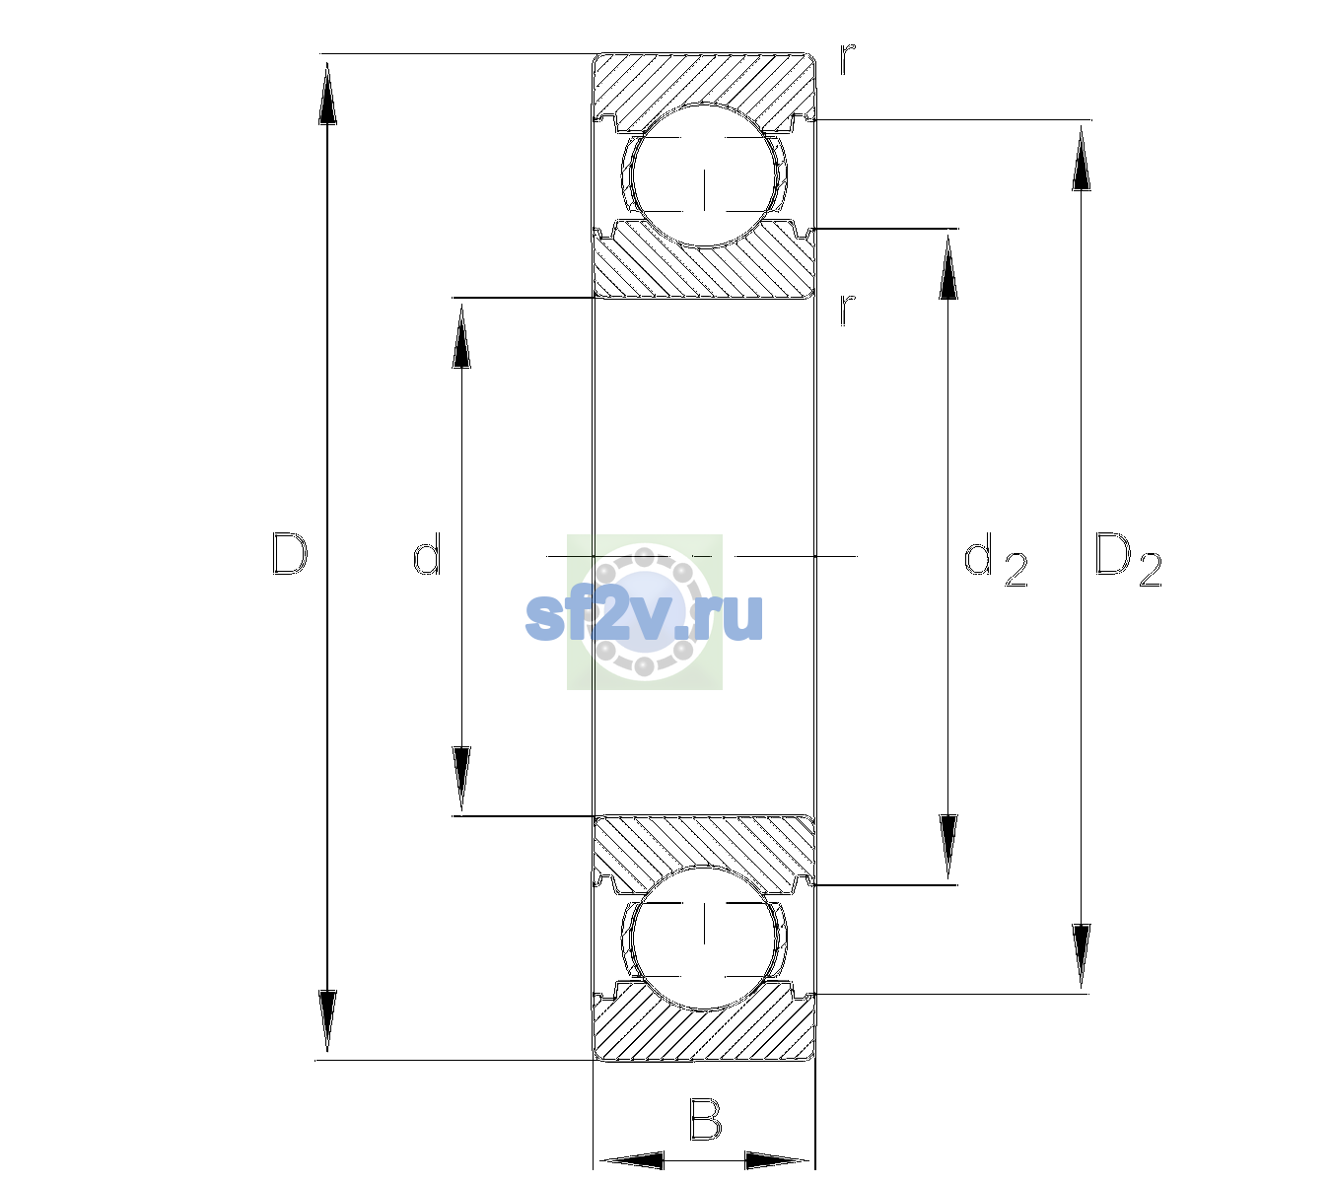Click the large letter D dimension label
pyautogui.click(x=290, y=554)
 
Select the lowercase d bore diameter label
pyautogui.click(x=427, y=554)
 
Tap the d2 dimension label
pyautogui.click(x=996, y=559)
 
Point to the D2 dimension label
pyautogui.click(x=1128, y=559)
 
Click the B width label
pyautogui.click(x=705, y=1118)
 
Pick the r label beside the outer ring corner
pyautogui.click(x=848, y=59)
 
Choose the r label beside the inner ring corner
pyautogui.click(x=848, y=310)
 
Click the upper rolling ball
pyautogui.click(x=704, y=175)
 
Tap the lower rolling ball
pyautogui.click(x=704, y=938)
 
